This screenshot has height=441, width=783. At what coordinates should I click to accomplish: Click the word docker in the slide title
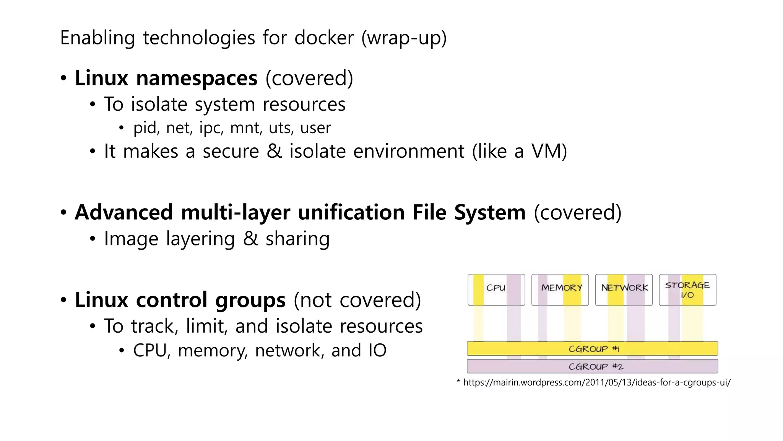tap(324, 38)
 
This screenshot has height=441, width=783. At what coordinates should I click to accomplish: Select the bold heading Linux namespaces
tap(166, 78)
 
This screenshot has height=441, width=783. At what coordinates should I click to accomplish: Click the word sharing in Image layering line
tap(297, 239)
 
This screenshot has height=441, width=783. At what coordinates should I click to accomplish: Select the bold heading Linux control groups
tap(180, 300)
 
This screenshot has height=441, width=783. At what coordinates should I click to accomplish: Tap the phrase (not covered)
tap(357, 300)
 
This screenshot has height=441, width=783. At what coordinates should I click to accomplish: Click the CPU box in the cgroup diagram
tap(496, 289)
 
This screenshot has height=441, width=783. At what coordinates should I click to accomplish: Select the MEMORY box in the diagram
tap(560, 289)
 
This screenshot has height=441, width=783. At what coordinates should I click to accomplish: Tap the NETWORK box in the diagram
tap(624, 289)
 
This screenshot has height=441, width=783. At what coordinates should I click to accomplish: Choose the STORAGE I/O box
tap(687, 289)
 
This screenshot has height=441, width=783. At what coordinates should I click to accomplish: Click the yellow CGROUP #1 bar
tap(592, 349)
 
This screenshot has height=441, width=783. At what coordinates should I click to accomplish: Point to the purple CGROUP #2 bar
tap(592, 366)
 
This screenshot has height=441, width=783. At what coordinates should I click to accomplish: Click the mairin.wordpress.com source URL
tap(596, 382)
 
